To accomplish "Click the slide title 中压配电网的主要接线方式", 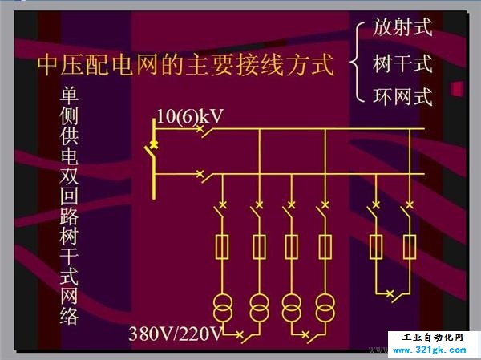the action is [x=185, y=64].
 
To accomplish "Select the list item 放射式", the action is [x=402, y=27].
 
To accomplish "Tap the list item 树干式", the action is [x=402, y=63].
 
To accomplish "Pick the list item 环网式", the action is [x=402, y=96].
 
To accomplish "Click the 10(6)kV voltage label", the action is [x=190, y=116].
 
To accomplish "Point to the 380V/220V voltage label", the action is [x=175, y=334].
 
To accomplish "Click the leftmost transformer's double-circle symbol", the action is [x=223, y=308].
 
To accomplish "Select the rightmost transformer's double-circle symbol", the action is [x=325, y=308].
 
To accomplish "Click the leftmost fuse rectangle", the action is [x=222, y=247].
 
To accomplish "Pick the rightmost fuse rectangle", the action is [x=410, y=247].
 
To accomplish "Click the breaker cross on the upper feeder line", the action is [x=200, y=128].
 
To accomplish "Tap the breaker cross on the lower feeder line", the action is [x=200, y=174].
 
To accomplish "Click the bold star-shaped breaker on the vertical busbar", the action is [x=154, y=144].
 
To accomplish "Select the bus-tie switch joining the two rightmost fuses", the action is [x=396, y=296].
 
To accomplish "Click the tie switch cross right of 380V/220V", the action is [x=240, y=334].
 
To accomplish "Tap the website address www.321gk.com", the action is [x=429, y=350].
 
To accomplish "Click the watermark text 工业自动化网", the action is [x=432, y=338].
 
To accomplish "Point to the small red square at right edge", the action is [x=457, y=89].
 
